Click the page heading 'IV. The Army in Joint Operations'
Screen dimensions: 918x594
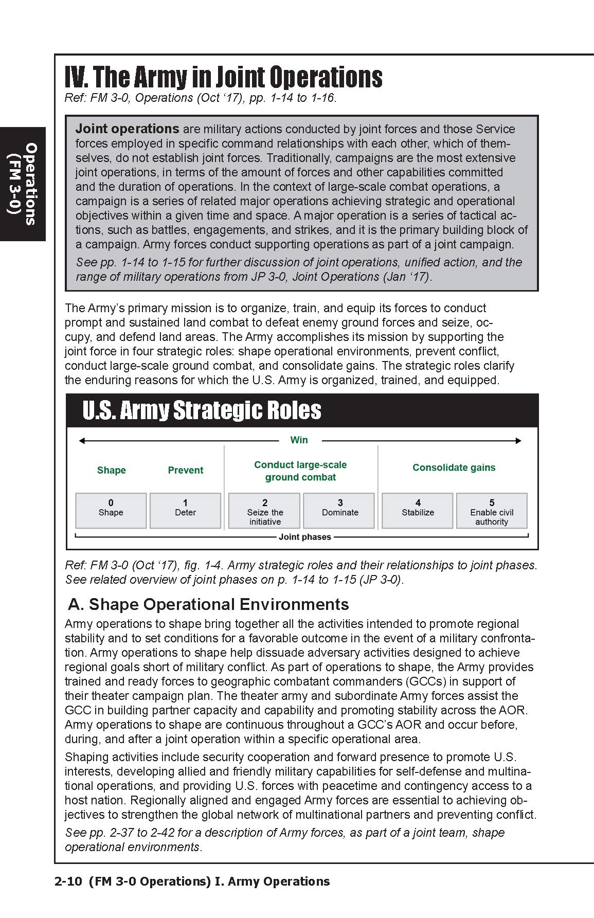click(x=223, y=78)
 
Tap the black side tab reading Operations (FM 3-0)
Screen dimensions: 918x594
click(x=23, y=184)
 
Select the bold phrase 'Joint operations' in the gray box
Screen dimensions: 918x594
click(x=127, y=129)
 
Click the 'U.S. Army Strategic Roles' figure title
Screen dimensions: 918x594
click(x=202, y=410)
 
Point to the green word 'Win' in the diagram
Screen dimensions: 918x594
click(x=299, y=440)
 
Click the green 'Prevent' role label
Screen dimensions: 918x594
click(x=185, y=470)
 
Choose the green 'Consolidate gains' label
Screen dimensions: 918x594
click(x=454, y=467)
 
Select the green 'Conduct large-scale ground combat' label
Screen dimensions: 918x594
click(x=300, y=471)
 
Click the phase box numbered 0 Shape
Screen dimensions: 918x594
click(x=111, y=510)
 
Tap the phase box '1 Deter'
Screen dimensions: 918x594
click(x=185, y=510)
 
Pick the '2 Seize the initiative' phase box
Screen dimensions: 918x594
click(x=264, y=510)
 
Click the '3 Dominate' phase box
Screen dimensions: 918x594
click(x=339, y=510)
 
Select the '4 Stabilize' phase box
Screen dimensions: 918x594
click(x=418, y=510)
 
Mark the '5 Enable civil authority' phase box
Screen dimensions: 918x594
click(x=492, y=510)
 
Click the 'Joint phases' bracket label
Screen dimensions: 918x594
click(x=304, y=537)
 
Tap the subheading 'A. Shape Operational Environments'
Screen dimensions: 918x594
click(x=208, y=604)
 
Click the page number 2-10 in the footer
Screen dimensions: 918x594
click(x=68, y=881)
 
